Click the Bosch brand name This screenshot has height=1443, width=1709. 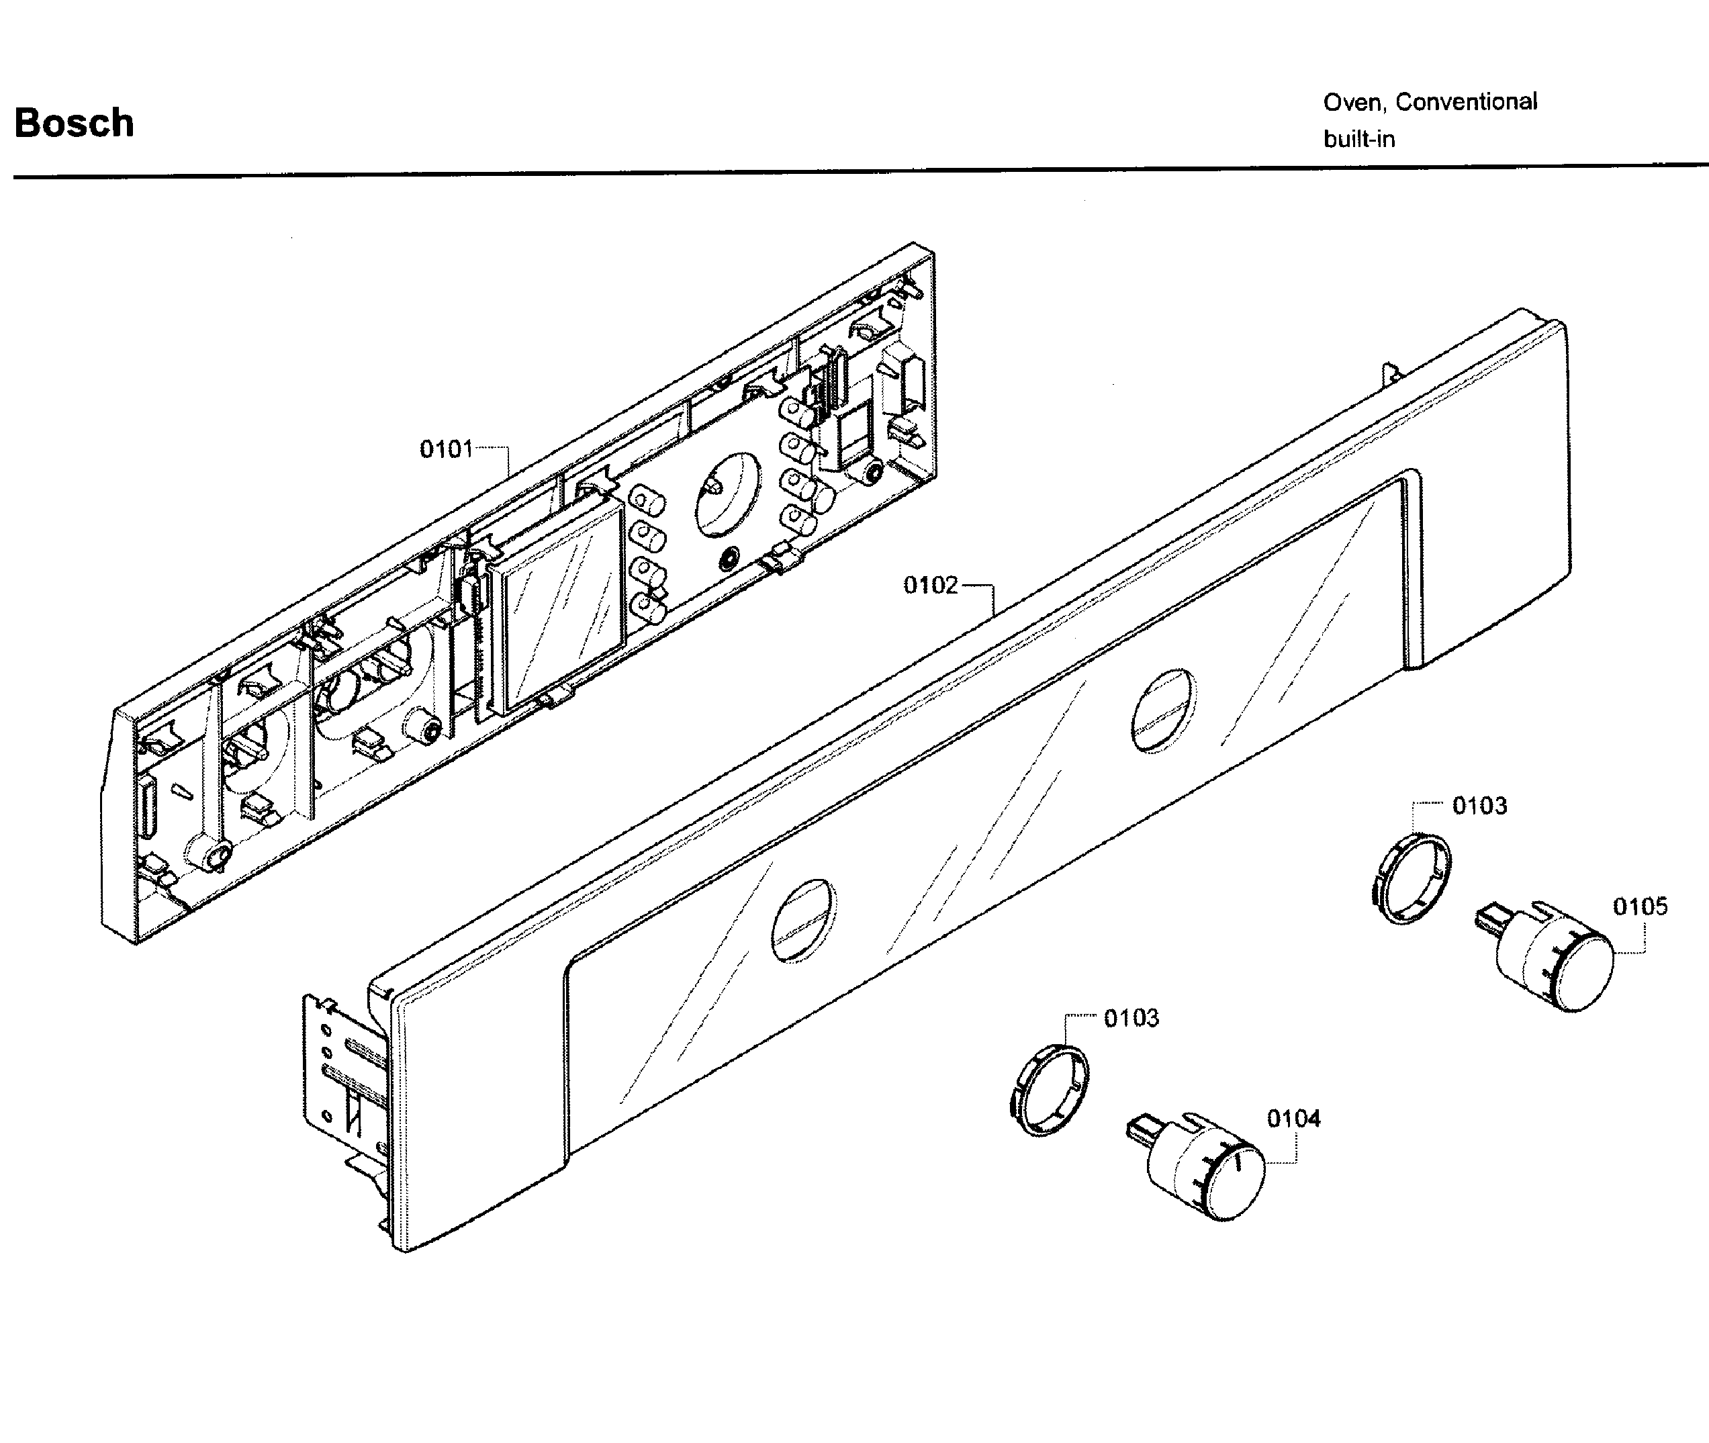point(75,124)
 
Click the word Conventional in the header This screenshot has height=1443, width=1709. point(1466,102)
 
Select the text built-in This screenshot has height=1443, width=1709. point(1359,140)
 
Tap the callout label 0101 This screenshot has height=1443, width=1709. point(446,449)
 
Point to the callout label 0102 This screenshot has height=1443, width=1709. point(930,586)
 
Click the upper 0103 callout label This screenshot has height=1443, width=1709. point(1479,806)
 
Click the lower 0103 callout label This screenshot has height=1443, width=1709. point(1131,1019)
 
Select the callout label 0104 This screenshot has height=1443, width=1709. point(1293,1118)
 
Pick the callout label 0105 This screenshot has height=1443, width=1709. point(1639,906)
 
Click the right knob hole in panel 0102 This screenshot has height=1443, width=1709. point(1162,710)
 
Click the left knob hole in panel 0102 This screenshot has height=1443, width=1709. point(803,921)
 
